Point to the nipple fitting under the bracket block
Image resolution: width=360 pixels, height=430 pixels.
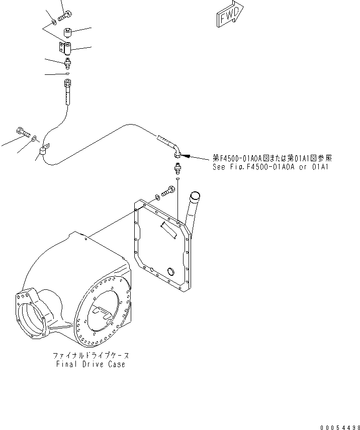(x=68, y=64)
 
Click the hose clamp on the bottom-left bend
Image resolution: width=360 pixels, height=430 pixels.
(x=43, y=150)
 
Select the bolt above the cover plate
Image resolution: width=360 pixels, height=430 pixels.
(x=168, y=191)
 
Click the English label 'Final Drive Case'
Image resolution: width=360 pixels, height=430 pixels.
(x=91, y=364)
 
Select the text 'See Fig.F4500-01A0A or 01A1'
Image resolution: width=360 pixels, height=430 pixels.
(x=271, y=167)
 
